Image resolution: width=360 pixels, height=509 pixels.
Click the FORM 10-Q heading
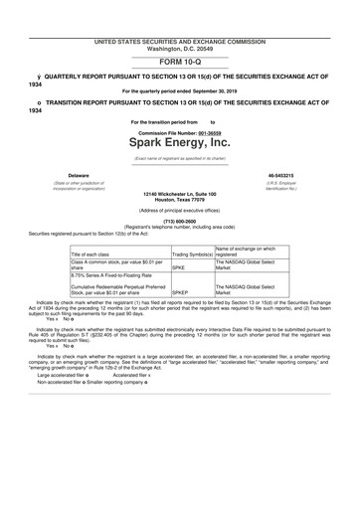179,62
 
